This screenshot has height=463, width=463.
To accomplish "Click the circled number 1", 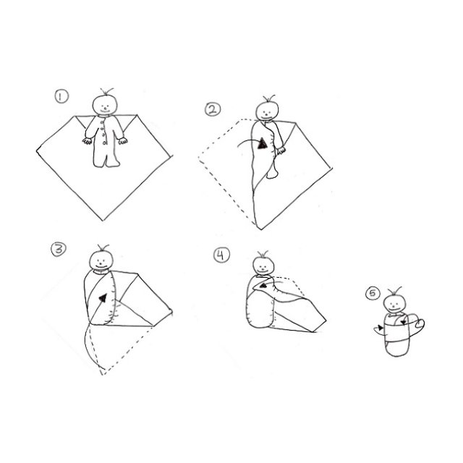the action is (x=61, y=96).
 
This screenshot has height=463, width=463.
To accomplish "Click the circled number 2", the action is (x=213, y=109).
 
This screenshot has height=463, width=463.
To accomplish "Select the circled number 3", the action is (x=59, y=249).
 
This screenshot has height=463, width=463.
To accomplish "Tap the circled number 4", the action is (x=221, y=255).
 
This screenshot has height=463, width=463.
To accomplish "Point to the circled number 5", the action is (x=373, y=294).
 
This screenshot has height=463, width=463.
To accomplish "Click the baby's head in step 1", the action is (x=105, y=104).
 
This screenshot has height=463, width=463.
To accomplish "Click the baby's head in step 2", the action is (x=267, y=111).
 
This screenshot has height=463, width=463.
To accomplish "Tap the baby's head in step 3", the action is (x=101, y=260).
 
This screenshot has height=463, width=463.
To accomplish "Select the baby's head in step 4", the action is (x=263, y=266).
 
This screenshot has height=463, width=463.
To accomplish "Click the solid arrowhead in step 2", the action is (x=262, y=143).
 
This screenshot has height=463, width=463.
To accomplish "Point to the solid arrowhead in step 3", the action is (x=103, y=297).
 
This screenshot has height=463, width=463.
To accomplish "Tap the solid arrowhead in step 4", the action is (x=263, y=285).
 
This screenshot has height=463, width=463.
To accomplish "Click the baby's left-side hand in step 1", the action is (x=88, y=141).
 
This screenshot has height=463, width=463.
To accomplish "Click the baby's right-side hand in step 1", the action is (x=123, y=141).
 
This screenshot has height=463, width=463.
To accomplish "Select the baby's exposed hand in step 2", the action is (x=281, y=150).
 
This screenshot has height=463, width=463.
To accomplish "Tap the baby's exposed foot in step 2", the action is (x=272, y=174).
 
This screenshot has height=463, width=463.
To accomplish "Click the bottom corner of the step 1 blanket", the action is (x=103, y=220).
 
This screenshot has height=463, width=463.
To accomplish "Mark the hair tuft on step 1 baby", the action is (x=107, y=91).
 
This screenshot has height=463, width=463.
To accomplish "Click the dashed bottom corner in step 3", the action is (x=102, y=375).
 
